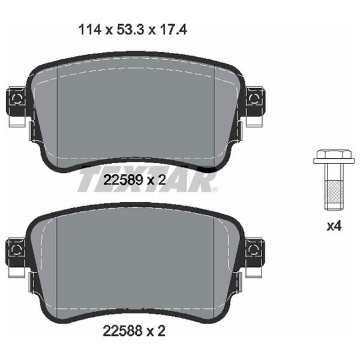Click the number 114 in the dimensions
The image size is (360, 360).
tap(90, 30)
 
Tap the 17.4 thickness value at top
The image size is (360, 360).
tap(173, 30)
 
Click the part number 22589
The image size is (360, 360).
tap(123, 180)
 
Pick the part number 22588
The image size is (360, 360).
tap(122, 331)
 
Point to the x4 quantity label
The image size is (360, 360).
tap(334, 226)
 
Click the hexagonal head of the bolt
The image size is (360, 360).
tap(334, 154)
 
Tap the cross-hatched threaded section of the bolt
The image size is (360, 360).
tap(334, 192)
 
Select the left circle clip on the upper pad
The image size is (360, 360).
tap(17, 99)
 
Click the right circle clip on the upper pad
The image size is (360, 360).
tap(254, 99)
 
